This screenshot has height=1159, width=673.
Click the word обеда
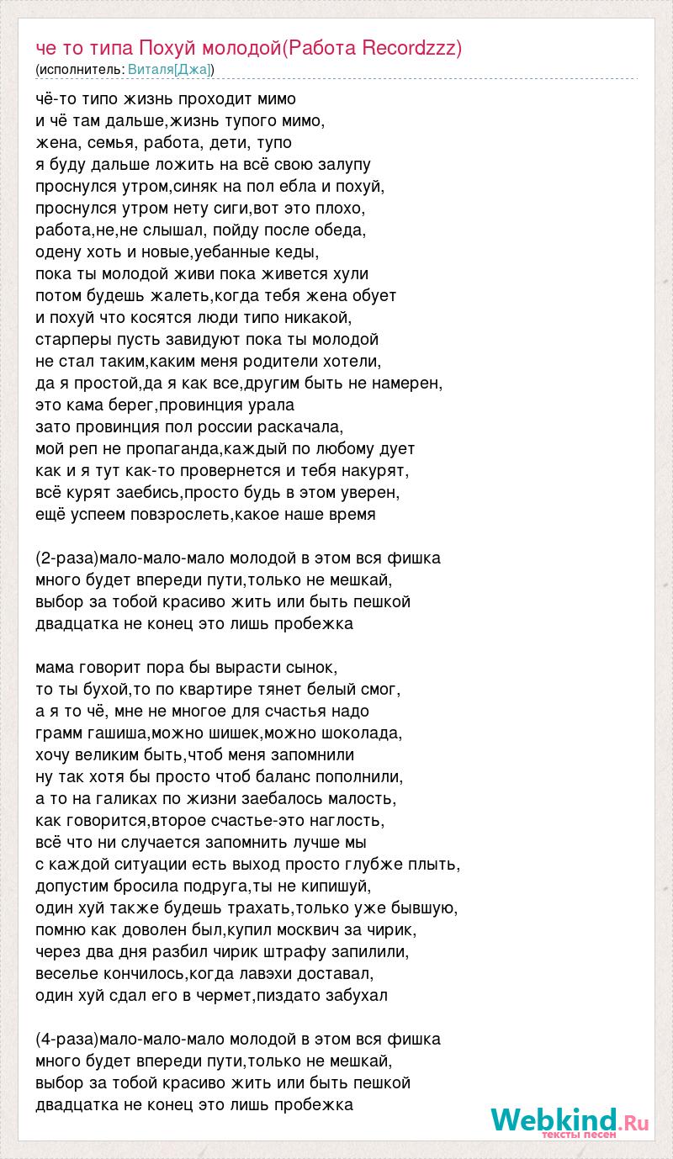click(336, 230)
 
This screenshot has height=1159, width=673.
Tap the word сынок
click(311, 667)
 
